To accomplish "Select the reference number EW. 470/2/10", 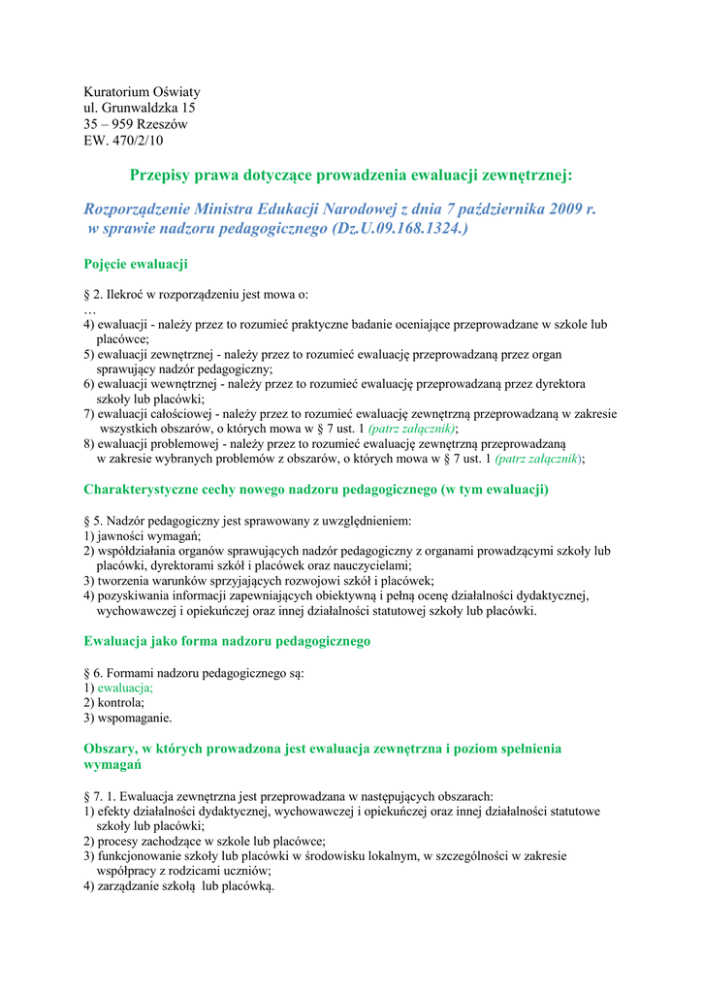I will pos(123,141).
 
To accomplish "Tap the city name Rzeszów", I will pos(162,124).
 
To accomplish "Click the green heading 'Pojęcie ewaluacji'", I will pos(136,264).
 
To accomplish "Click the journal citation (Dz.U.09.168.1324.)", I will pos(400,229).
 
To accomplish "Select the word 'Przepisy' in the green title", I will pos(164,175).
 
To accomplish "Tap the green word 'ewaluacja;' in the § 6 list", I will pos(125,687).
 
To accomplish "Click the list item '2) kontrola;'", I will pos(114,702).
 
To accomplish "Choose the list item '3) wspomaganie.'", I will pos(128,718).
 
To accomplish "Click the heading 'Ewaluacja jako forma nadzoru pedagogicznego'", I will pos(227,641).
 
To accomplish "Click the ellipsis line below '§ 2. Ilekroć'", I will pos(90,309).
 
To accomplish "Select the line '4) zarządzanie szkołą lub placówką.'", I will pos(179,886).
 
